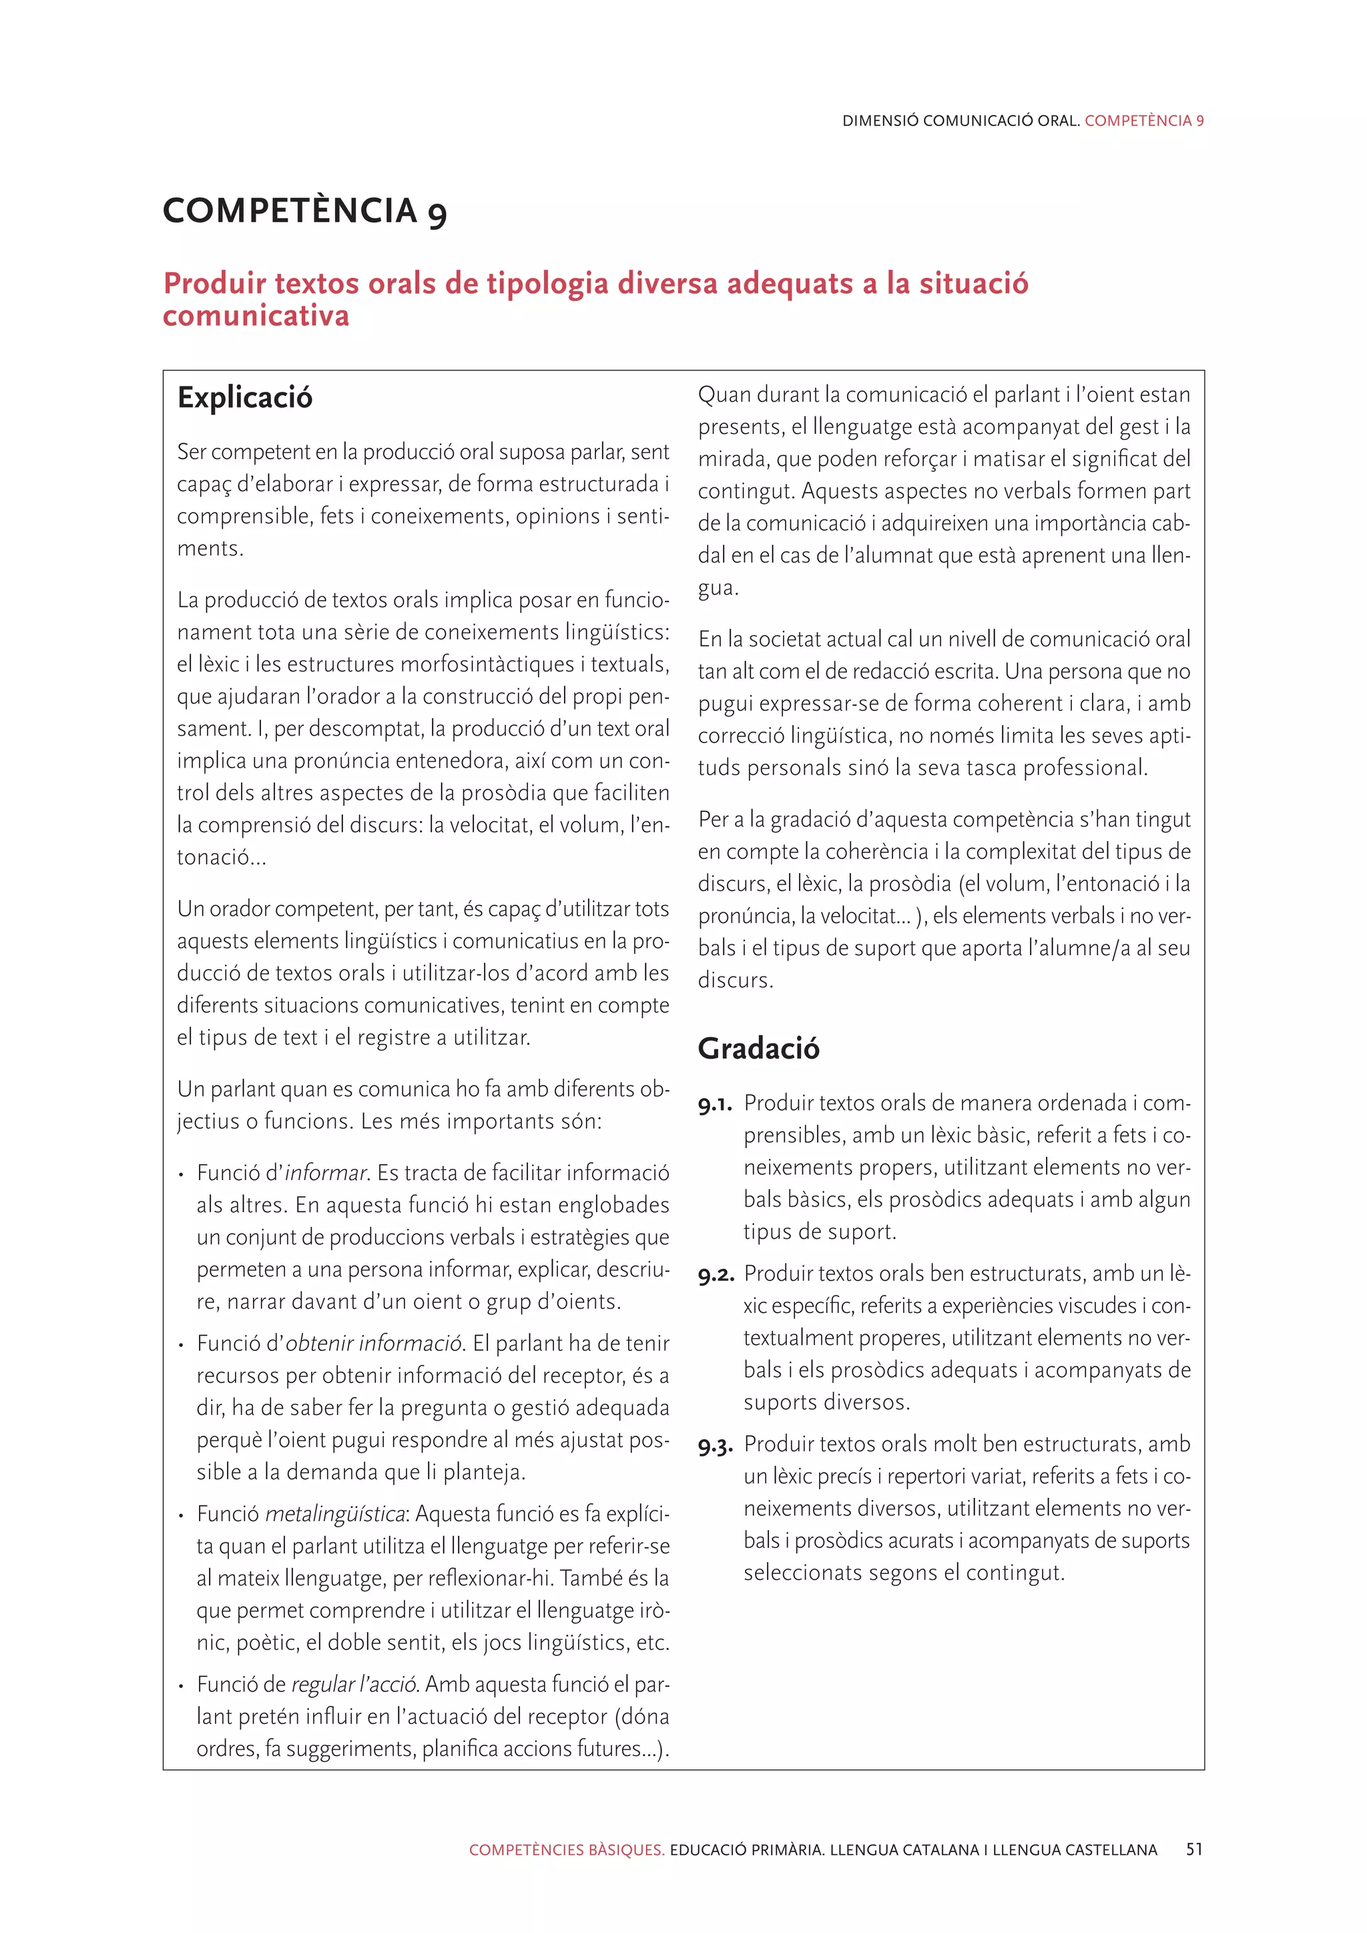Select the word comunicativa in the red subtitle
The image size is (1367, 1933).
point(256,316)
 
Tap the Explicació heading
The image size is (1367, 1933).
point(244,397)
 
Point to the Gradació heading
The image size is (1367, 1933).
point(758,1048)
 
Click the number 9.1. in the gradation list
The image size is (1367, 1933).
point(715,1105)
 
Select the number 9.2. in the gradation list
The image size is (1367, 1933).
point(716,1276)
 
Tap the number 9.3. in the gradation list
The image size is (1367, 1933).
point(716,1446)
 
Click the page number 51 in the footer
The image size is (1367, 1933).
point(1193,1850)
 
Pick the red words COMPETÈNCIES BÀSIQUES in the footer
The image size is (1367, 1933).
point(567,1850)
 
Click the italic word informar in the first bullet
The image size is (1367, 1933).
point(326,1173)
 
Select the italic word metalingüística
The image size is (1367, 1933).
point(335,1514)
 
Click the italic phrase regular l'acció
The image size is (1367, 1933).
point(354,1685)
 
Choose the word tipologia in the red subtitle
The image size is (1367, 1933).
point(547,284)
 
